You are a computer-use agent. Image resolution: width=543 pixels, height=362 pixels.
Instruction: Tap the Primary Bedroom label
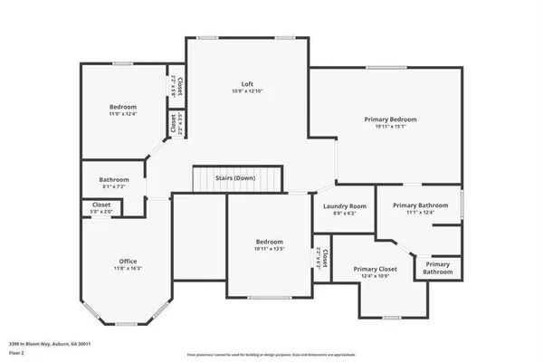coord(390,119)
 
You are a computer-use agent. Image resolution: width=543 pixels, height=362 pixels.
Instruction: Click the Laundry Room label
coord(345,206)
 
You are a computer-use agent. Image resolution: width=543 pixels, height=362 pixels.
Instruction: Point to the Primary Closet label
coord(376,269)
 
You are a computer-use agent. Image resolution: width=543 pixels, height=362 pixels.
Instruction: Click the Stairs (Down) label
coord(234,178)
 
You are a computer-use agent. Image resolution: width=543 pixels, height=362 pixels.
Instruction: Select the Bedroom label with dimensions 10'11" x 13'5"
coord(269,242)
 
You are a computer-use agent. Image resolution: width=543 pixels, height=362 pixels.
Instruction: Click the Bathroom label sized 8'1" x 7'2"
coord(114,179)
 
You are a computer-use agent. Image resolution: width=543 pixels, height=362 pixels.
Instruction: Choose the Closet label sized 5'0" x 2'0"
coord(102,205)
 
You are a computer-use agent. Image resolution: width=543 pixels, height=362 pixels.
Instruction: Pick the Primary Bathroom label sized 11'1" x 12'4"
coord(420,205)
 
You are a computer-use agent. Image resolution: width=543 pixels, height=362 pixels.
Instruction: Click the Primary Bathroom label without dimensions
coord(438,268)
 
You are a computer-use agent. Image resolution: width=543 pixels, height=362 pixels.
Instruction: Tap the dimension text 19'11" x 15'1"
coord(390,128)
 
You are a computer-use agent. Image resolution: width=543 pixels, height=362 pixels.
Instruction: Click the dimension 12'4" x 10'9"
coord(376,277)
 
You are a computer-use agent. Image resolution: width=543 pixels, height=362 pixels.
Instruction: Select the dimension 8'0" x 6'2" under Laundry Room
coord(345,214)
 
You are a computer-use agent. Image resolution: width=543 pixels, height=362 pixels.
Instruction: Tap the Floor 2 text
coord(16,352)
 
